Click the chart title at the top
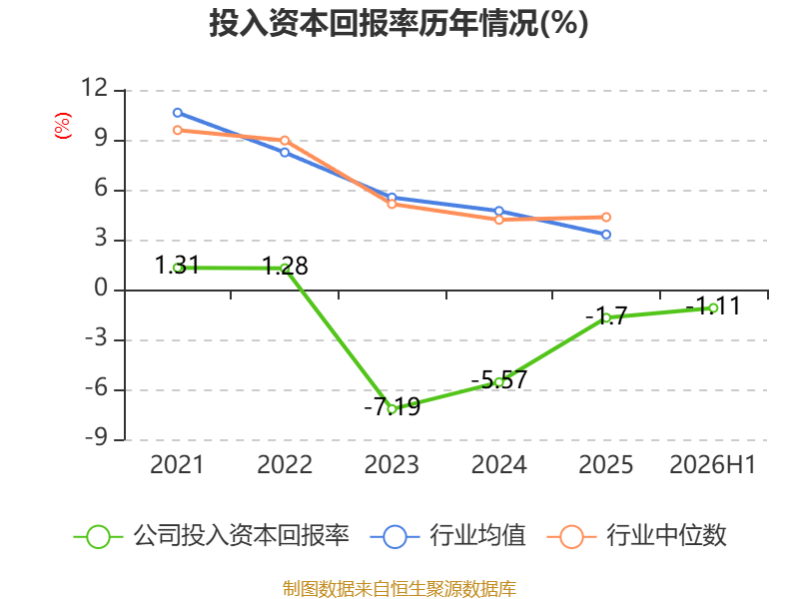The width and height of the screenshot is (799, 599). click(399, 23)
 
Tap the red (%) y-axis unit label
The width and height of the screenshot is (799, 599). click(63, 126)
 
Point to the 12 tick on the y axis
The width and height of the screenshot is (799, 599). click(95, 88)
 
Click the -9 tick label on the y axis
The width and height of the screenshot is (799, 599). click(97, 437)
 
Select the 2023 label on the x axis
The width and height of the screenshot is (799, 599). click(392, 464)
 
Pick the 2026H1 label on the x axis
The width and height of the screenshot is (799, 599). click(712, 464)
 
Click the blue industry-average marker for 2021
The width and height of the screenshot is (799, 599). click(178, 113)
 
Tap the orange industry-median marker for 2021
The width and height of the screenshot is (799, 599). click(178, 131)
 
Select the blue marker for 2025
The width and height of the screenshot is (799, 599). click(606, 235)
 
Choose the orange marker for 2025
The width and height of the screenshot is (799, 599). click(606, 218)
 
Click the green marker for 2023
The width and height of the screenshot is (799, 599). click(392, 409)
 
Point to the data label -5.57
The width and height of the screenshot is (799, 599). click(498, 380)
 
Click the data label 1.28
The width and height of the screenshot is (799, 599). click(285, 267)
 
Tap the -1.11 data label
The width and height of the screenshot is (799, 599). click(713, 306)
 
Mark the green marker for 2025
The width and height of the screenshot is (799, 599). click(606, 317)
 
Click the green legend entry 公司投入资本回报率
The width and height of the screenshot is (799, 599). click(212, 536)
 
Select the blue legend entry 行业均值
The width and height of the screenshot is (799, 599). click(447, 536)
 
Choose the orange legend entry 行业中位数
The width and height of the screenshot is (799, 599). click(636, 536)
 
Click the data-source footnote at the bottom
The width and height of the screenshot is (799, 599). click(399, 589)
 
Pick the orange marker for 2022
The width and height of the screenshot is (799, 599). click(285, 141)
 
